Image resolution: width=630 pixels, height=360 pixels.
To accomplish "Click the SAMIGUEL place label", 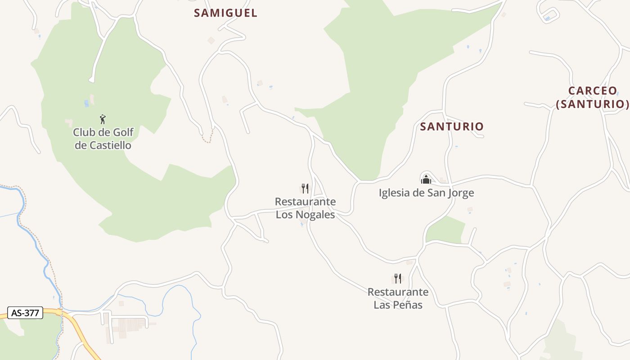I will [x=225, y=13].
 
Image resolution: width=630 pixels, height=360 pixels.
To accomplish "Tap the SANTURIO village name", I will [x=451, y=126].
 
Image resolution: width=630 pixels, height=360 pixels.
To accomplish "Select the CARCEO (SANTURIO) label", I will [x=592, y=97].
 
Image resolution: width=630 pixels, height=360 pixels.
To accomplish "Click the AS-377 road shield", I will [x=25, y=313].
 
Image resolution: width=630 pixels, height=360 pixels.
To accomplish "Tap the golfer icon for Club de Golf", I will [x=103, y=119].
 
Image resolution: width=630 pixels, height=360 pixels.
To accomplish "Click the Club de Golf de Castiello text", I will [x=103, y=139].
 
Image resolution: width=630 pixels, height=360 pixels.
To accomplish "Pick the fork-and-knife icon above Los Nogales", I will [x=305, y=188].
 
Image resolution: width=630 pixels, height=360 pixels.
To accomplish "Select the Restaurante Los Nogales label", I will [x=305, y=208].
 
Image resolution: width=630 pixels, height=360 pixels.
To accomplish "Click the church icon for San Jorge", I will [x=426, y=180].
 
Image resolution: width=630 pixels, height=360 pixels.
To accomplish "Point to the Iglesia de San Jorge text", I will [x=426, y=193].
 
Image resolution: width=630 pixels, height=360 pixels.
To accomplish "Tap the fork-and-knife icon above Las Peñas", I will [x=398, y=279].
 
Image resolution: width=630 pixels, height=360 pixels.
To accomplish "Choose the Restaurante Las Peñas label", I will [x=398, y=298].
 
